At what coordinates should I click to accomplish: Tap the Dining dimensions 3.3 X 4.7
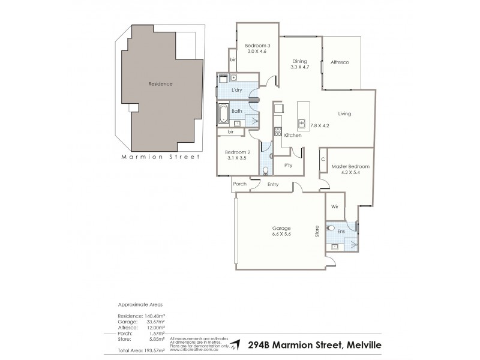(299, 67)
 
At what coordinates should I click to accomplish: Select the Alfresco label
(340, 62)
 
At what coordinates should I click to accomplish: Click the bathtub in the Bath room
(224, 112)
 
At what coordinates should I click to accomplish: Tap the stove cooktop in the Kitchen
(277, 132)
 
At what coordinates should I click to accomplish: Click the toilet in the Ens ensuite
(331, 229)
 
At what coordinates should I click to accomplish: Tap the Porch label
(239, 184)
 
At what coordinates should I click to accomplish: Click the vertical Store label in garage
(317, 231)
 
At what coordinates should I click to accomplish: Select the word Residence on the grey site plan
(160, 84)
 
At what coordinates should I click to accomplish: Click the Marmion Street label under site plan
(160, 158)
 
